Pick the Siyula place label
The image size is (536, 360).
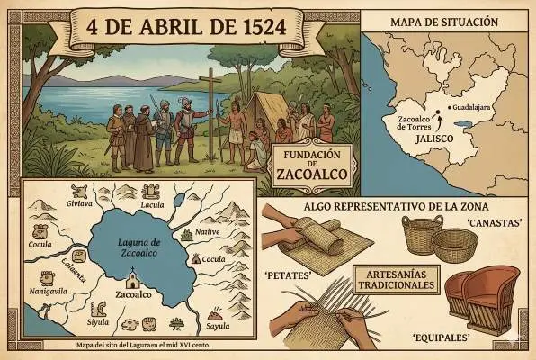97,321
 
